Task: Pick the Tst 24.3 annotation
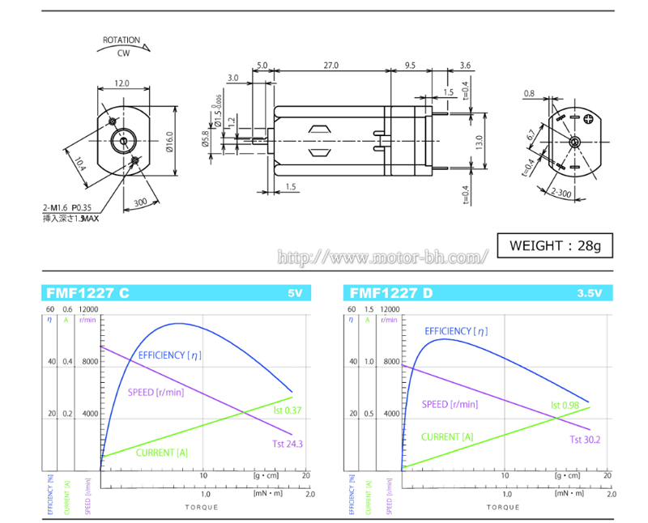288,444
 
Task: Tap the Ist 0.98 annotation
565,405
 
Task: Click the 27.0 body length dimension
330,64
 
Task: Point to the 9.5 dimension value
410,64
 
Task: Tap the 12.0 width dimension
122,83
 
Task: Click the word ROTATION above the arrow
122,40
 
